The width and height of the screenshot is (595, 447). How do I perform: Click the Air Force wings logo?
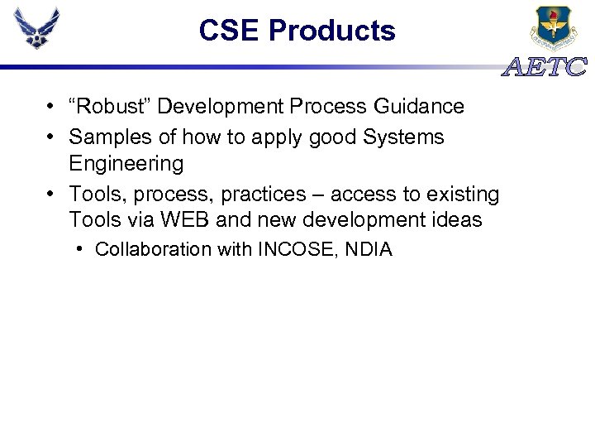37,29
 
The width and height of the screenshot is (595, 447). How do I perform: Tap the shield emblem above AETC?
555,28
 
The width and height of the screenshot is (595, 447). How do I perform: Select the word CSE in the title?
231,31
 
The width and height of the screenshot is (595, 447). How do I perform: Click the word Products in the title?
332,31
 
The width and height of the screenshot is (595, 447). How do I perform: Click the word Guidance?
422,107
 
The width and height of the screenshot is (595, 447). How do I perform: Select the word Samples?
106,137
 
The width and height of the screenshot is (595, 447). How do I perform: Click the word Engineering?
126,163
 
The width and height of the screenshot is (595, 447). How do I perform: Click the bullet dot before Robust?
51,107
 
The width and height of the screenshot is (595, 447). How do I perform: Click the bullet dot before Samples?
51,137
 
